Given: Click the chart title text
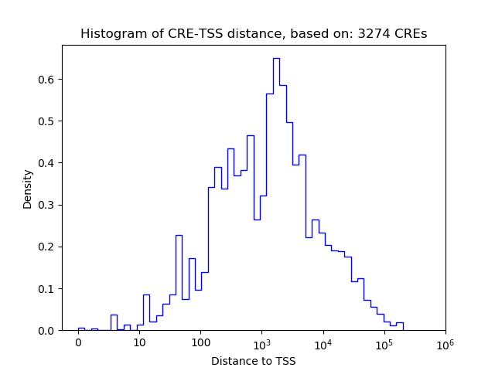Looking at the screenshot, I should click(x=254, y=34).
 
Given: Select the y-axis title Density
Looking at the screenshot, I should click(x=28, y=189).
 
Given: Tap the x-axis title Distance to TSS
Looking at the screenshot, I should click(x=254, y=361).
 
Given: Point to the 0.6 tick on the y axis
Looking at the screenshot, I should click(x=47, y=80).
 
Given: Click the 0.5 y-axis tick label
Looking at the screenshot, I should click(x=47, y=121).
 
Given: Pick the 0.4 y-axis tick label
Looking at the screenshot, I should click(x=47, y=163).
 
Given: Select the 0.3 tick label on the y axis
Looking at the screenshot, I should click(x=47, y=205).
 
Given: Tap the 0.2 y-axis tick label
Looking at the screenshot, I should click(x=47, y=247).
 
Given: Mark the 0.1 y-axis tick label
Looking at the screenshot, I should click(x=47, y=289).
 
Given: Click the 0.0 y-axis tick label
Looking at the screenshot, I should click(x=47, y=331).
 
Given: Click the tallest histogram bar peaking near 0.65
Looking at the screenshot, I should click(x=276, y=193).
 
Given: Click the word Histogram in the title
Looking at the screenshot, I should click(x=109, y=34).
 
